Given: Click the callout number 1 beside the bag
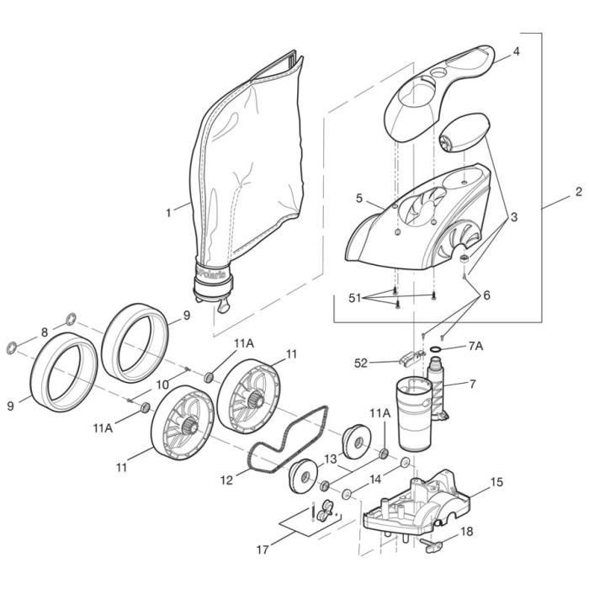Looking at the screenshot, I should pyautogui.click(x=167, y=212).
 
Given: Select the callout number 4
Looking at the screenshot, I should pyautogui.click(x=516, y=51).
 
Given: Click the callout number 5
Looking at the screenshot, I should pyautogui.click(x=358, y=199).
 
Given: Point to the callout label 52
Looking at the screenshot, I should pyautogui.click(x=361, y=363).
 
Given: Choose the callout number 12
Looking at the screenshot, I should pyautogui.click(x=226, y=480).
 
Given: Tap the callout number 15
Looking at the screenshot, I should pyautogui.click(x=496, y=482).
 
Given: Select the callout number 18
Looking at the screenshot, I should pyautogui.click(x=467, y=533).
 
